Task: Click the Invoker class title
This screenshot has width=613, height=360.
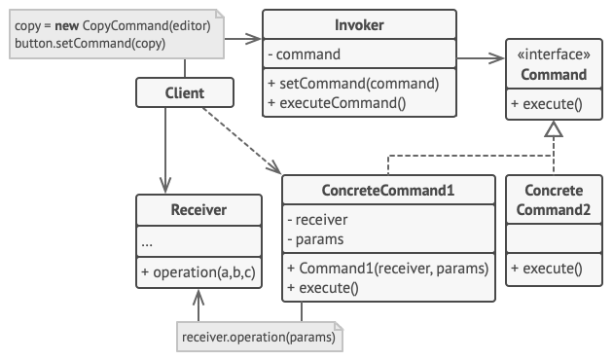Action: tap(360, 24)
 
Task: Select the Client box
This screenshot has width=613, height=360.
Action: tap(185, 93)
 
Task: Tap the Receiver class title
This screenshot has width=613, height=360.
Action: tap(198, 209)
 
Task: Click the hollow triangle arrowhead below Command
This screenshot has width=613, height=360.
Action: tap(554, 133)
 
